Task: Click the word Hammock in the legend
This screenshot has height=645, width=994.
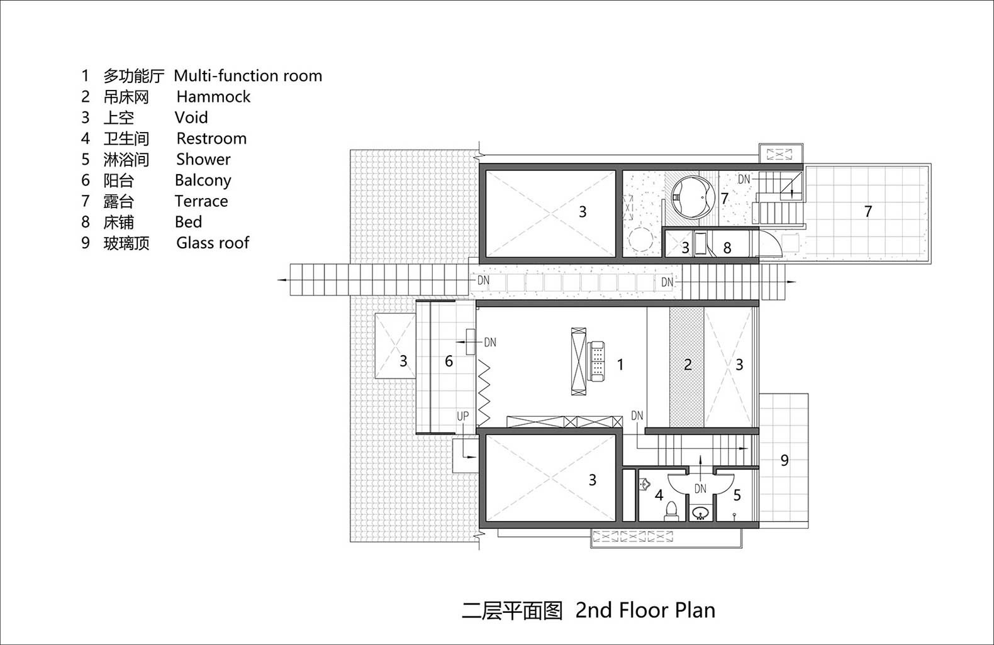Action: (x=213, y=97)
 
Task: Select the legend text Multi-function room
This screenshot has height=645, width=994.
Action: (x=248, y=76)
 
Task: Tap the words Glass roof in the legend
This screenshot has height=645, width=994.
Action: (x=213, y=243)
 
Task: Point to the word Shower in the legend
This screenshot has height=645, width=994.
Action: (x=203, y=159)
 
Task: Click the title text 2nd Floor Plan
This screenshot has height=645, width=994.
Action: (x=645, y=610)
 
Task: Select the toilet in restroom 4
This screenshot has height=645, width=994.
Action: (x=671, y=510)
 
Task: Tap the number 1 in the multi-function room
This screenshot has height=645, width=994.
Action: (x=620, y=365)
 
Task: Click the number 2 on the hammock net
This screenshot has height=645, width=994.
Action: (x=688, y=365)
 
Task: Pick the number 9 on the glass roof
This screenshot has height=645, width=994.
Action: (x=785, y=460)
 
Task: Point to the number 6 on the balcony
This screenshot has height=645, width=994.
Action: (x=449, y=361)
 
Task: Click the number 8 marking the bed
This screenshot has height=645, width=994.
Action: (x=727, y=248)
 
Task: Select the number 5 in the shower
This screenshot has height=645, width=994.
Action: (x=737, y=495)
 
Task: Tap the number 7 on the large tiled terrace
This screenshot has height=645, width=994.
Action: (x=868, y=211)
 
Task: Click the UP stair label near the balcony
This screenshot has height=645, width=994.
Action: (x=463, y=416)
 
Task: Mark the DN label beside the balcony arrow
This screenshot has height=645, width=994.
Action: (x=490, y=342)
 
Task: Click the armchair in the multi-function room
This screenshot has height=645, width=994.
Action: (x=596, y=361)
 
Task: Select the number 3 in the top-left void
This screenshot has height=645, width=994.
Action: (x=583, y=211)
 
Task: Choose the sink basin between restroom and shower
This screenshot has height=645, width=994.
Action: (x=701, y=514)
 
